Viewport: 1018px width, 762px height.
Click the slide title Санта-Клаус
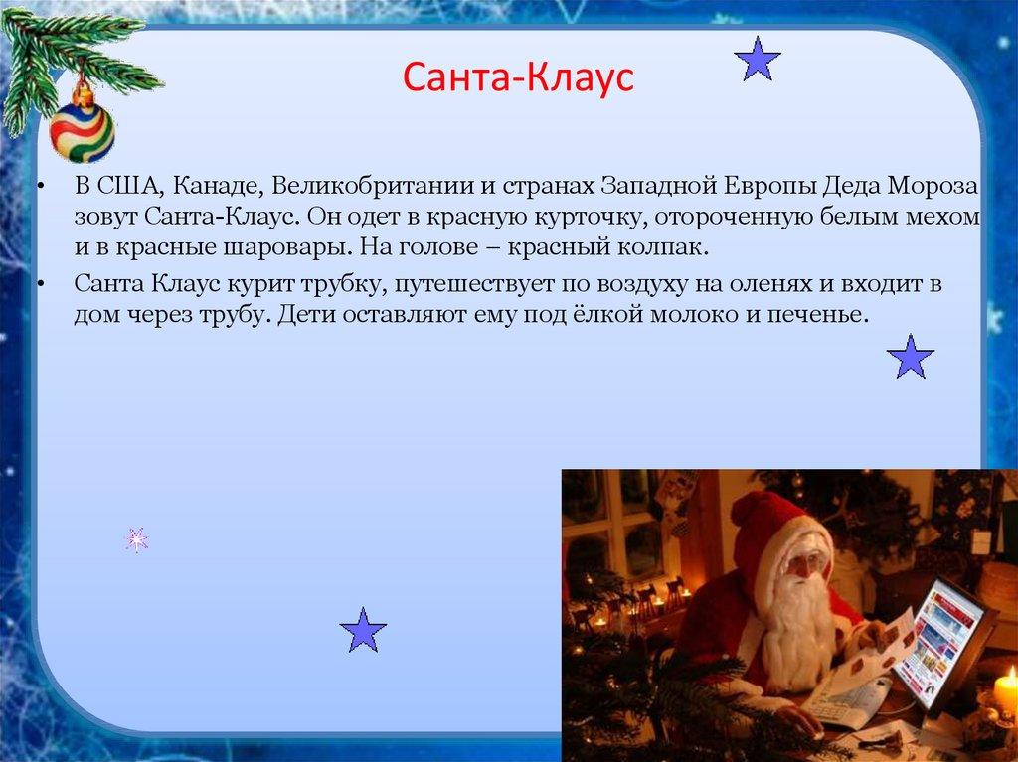coord(518,77)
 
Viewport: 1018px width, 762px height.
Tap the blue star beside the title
coord(758,60)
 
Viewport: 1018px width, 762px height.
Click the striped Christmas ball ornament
coord(82,130)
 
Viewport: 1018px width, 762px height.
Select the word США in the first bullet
coord(121,187)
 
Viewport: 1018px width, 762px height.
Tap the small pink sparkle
coord(136,539)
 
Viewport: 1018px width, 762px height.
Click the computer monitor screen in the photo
coord(938,640)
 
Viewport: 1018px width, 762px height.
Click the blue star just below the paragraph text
coord(910,357)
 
